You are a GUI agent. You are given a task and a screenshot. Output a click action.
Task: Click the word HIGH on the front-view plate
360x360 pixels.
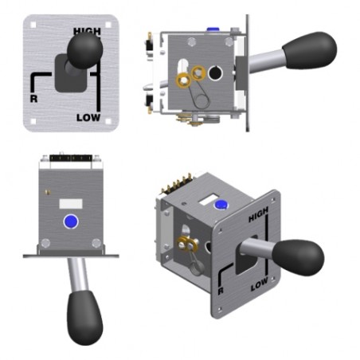click(x=87, y=31)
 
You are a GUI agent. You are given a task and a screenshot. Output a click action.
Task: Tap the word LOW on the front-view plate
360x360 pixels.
click(x=88, y=118)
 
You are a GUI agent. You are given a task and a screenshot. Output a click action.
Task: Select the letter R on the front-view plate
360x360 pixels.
click(x=33, y=99)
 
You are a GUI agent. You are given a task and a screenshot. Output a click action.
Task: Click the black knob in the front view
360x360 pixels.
click(x=84, y=50)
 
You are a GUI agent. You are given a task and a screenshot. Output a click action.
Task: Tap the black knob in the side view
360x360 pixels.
click(x=310, y=50)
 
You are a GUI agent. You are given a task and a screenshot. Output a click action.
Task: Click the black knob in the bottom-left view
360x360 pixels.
click(x=84, y=318)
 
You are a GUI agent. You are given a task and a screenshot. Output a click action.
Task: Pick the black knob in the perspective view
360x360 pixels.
click(x=298, y=257)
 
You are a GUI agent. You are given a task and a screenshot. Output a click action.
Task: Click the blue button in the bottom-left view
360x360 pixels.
click(x=71, y=221)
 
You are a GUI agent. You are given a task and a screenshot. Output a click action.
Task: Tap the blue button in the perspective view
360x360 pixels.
click(x=221, y=205)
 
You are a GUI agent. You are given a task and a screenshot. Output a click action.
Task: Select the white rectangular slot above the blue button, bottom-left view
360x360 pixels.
click(x=71, y=204)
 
